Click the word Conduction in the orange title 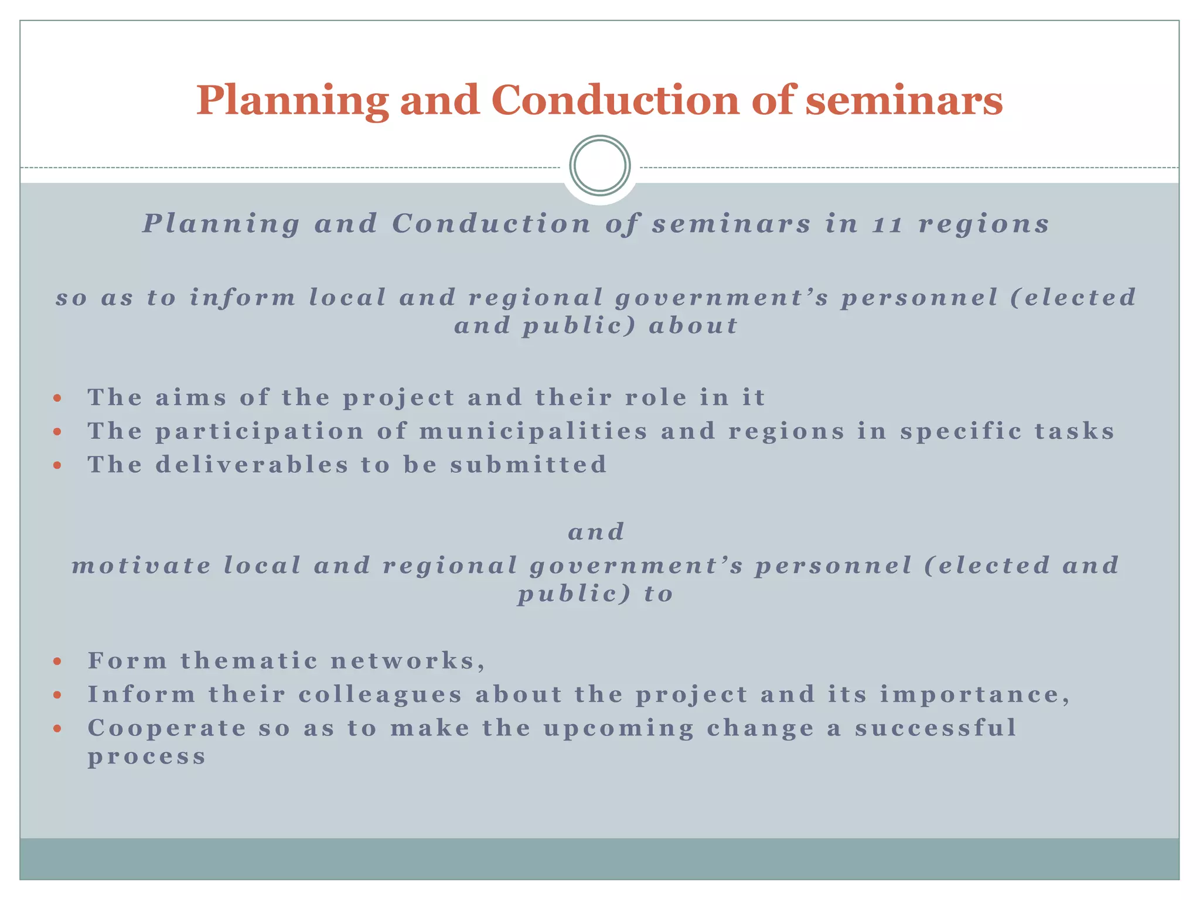[x=618, y=100]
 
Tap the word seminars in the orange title [x=904, y=100]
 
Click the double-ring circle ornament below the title [x=599, y=166]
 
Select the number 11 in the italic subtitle [x=887, y=224]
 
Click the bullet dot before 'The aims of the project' [x=57, y=398]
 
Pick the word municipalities [x=533, y=432]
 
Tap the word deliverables [x=252, y=465]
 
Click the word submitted [x=529, y=465]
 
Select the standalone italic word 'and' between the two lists [x=596, y=532]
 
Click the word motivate [x=141, y=566]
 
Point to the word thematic [x=249, y=662]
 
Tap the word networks [x=407, y=662]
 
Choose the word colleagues [x=380, y=696]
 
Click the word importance [x=974, y=695]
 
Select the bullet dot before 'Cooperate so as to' [x=57, y=729]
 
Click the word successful [x=935, y=728]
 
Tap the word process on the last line [x=147, y=757]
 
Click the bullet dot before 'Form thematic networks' [x=57, y=662]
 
